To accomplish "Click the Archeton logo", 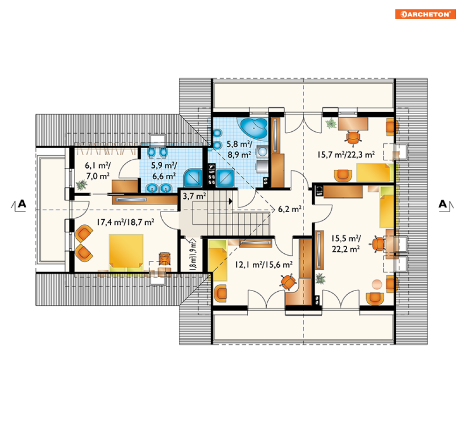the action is (x=425, y=14).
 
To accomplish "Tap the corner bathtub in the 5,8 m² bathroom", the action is (x=254, y=128).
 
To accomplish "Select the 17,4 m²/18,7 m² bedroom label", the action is (x=125, y=222).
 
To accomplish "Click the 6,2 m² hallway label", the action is (x=290, y=209).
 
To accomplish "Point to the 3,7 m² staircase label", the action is (x=194, y=196).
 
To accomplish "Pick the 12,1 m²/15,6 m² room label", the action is (x=264, y=265).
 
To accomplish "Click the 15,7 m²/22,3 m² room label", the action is (x=346, y=155).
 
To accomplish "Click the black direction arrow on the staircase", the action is (x=230, y=201).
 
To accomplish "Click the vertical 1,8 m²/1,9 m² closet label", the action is (x=193, y=256).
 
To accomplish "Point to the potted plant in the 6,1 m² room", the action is (x=81, y=185).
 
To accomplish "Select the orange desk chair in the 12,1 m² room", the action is (x=288, y=281).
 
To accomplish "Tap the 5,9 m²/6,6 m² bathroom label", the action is (x=164, y=171).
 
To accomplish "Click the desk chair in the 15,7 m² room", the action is (x=353, y=138).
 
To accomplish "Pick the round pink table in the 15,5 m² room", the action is (x=377, y=284).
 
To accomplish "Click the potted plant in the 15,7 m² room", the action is (x=331, y=123).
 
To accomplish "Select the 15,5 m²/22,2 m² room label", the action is (x=346, y=244).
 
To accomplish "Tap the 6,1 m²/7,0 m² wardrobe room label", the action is (x=98, y=171).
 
